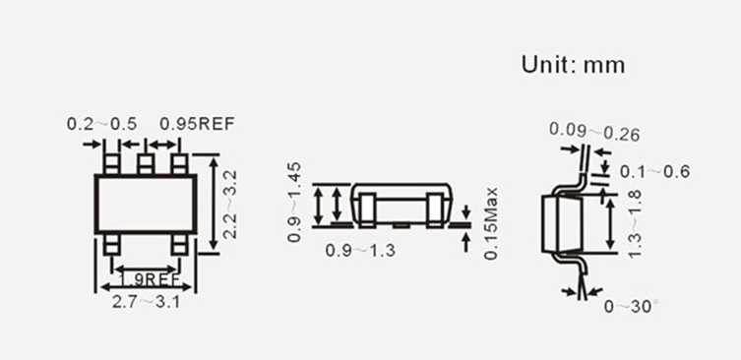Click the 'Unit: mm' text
pyautogui.click(x=573, y=65)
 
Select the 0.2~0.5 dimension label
pyautogui.click(x=101, y=124)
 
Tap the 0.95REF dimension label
pyautogui.click(x=197, y=124)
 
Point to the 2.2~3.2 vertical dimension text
pyautogui.click(x=230, y=204)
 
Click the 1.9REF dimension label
pyautogui.click(x=148, y=279)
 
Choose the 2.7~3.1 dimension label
pyautogui.click(x=146, y=302)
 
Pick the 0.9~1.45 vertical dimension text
pyautogui.click(x=294, y=203)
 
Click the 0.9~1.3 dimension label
pyautogui.click(x=360, y=251)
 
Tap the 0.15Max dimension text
pyautogui.click(x=491, y=223)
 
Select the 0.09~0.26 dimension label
pyautogui.click(x=594, y=132)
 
